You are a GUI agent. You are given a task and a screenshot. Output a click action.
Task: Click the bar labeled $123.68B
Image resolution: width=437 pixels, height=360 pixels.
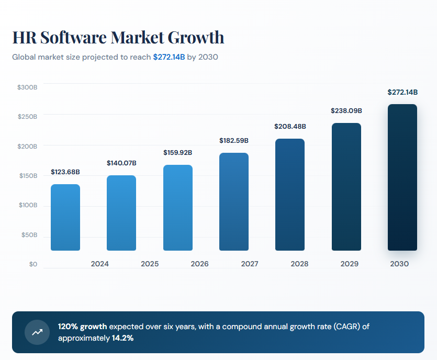click(65, 217)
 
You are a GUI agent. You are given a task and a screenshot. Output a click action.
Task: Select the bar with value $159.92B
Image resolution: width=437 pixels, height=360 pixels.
click(178, 208)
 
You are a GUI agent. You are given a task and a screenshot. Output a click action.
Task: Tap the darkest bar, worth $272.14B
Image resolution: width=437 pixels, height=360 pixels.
click(402, 177)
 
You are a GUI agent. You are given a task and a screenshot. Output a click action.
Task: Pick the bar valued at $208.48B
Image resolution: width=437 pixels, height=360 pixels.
click(290, 195)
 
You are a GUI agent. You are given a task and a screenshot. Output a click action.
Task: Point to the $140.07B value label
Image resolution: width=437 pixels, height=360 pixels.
click(121, 163)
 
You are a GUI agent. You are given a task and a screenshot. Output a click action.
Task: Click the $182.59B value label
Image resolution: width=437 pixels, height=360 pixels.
click(233, 141)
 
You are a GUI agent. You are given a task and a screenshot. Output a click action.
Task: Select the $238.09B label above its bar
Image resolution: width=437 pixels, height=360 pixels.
click(346, 111)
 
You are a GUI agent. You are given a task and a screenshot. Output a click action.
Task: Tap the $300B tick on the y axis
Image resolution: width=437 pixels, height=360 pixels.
click(27, 87)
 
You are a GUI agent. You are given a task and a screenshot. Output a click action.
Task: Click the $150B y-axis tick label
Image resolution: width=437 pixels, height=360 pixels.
click(27, 176)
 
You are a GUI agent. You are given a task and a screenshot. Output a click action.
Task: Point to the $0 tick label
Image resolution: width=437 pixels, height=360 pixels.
click(33, 264)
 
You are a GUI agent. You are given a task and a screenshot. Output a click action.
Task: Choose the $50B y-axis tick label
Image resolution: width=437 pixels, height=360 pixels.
click(29, 235)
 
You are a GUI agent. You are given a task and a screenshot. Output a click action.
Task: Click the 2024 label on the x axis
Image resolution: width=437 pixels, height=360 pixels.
click(99, 264)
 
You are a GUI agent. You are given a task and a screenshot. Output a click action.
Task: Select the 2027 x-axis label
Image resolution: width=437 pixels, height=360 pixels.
click(250, 264)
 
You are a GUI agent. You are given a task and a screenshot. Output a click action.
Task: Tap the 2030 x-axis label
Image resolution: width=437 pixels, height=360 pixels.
click(399, 264)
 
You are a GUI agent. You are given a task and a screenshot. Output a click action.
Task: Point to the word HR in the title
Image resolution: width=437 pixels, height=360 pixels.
click(24, 38)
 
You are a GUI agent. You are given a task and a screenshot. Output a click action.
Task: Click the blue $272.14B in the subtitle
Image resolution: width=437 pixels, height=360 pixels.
click(169, 57)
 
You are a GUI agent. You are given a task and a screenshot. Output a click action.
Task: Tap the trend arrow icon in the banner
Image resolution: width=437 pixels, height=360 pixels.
click(37, 332)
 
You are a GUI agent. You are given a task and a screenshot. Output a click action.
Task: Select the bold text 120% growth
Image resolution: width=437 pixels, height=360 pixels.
click(82, 327)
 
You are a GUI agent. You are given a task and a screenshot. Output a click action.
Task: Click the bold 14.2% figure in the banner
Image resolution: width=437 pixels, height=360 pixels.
click(122, 338)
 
